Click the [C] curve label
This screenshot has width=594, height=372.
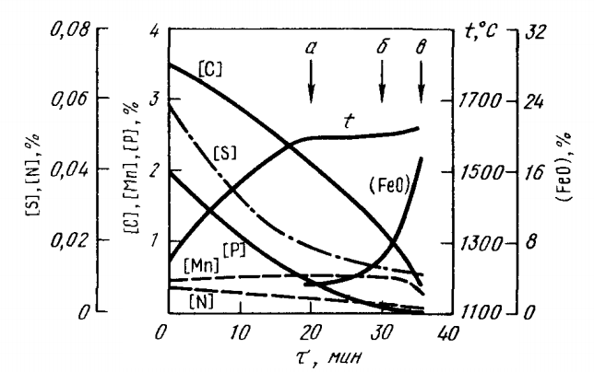pyautogui.click(x=209, y=65)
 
